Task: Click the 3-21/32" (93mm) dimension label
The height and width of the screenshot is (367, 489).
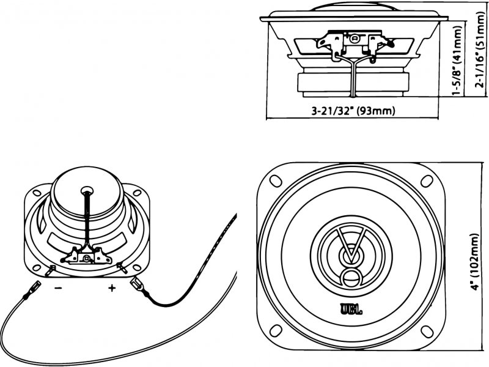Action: (353, 111)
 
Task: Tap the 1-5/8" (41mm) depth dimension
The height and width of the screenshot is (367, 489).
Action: (457, 61)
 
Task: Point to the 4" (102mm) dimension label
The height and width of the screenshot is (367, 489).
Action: (474, 262)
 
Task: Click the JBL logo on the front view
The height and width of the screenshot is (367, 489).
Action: (351, 310)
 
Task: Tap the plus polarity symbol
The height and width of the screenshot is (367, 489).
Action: (112, 287)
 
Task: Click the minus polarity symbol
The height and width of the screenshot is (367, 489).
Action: (58, 287)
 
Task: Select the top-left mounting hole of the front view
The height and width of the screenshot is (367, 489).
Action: (276, 181)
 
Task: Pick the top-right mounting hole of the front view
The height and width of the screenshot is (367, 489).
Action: (427, 180)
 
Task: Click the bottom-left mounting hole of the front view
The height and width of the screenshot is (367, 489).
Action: (276, 331)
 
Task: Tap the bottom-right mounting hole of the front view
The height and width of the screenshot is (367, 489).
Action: (427, 332)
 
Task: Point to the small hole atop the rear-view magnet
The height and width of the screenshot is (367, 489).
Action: (87, 190)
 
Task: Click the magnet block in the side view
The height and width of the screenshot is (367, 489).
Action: (353, 84)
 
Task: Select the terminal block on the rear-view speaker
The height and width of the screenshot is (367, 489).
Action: (86, 256)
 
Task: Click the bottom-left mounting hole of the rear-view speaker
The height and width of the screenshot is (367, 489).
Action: (37, 267)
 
